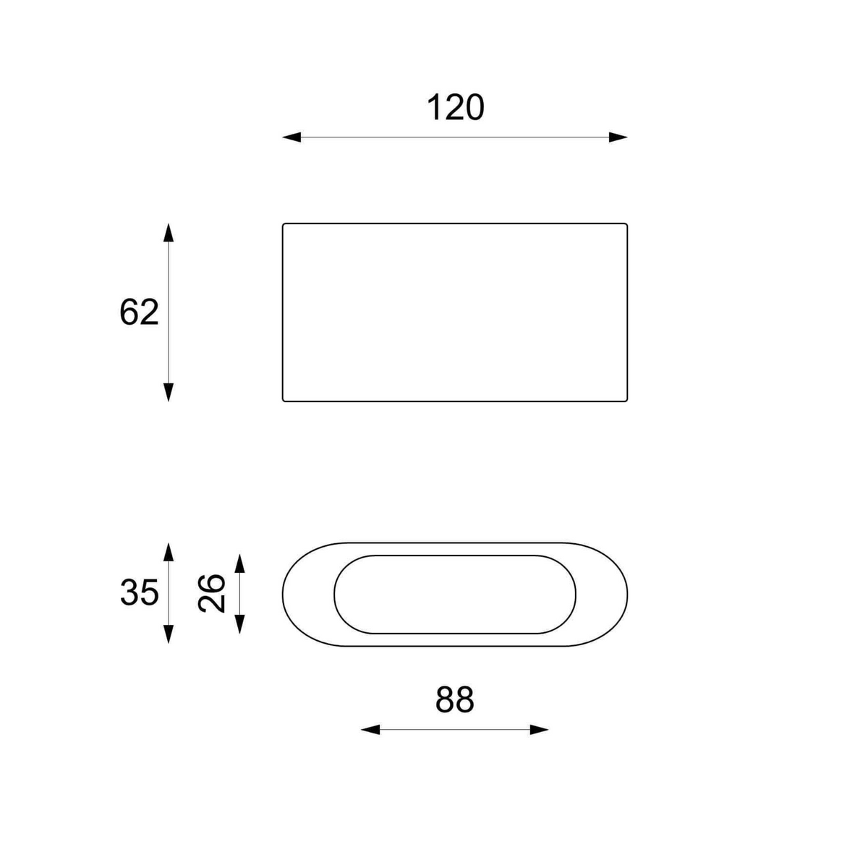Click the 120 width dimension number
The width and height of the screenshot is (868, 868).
click(455, 108)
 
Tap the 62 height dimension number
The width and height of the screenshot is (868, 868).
click(139, 312)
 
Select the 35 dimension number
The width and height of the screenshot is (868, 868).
click(139, 592)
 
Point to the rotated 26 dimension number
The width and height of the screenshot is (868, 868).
click(211, 593)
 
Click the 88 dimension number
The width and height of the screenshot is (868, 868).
click(454, 699)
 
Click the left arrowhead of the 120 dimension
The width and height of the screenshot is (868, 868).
click(292, 137)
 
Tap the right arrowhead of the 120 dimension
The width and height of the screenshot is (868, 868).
click(618, 137)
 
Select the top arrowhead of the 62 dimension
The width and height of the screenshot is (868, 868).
click(169, 232)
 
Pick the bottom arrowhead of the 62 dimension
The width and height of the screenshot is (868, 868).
click(169, 392)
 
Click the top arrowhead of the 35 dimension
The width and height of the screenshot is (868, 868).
click(169, 552)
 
